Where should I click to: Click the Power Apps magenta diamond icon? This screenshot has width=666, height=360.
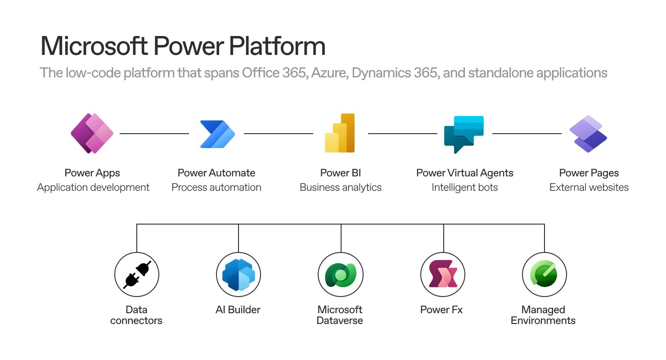[x=92, y=134]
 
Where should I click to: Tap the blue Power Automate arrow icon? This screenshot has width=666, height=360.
[x=217, y=134]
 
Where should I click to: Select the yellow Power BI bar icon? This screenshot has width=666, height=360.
[x=340, y=133]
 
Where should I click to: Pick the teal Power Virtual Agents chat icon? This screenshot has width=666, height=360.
[x=464, y=134]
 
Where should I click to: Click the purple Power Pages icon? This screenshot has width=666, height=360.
[x=588, y=134]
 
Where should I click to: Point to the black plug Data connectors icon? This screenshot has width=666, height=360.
[x=136, y=274]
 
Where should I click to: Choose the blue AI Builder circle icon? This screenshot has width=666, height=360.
[x=238, y=274]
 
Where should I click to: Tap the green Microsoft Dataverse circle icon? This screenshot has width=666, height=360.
[x=341, y=274]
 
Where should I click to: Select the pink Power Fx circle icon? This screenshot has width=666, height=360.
[x=443, y=274]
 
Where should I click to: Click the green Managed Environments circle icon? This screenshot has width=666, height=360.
[x=544, y=274]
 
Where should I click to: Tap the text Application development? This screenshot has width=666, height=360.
[x=93, y=188]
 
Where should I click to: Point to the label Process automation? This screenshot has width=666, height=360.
[x=216, y=188]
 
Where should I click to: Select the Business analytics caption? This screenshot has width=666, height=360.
[x=341, y=188]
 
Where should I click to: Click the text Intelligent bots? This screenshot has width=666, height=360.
[x=465, y=188]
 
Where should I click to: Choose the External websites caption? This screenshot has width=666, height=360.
[x=589, y=188]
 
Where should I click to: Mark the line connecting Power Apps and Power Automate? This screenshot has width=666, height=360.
[x=154, y=134]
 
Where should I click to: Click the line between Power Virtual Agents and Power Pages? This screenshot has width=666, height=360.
[x=527, y=134]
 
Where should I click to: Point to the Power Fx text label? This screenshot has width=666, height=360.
[x=441, y=310]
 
